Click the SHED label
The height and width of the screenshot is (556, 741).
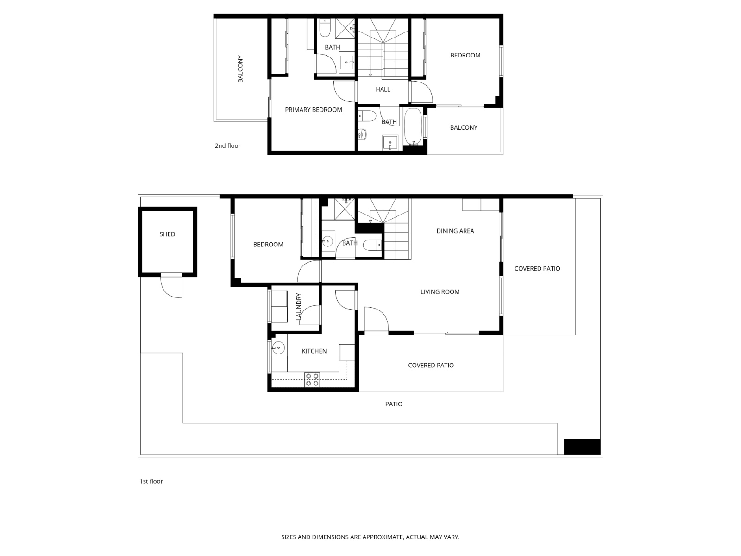pyautogui.click(x=167, y=234)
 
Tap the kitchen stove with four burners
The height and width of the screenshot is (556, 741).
pyautogui.click(x=312, y=379)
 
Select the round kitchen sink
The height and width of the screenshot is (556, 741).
pyautogui.click(x=278, y=348)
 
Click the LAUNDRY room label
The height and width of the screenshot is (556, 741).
pyautogui.click(x=299, y=306)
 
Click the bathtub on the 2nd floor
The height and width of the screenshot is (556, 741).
pyautogui.click(x=412, y=126)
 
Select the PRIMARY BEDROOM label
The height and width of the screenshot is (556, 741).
pyautogui.click(x=313, y=110)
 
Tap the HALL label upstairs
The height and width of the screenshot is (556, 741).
pyautogui.click(x=383, y=89)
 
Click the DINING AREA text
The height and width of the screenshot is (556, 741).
pyautogui.click(x=455, y=231)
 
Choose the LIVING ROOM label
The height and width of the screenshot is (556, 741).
pyautogui.click(x=440, y=292)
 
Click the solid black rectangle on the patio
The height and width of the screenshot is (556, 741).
pyautogui.click(x=582, y=447)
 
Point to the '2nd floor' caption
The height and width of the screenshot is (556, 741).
pyautogui.click(x=227, y=145)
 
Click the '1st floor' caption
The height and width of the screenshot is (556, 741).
pyautogui.click(x=151, y=481)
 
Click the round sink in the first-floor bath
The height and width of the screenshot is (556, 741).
pyautogui.click(x=327, y=241)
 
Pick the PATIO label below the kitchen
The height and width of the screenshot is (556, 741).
pyautogui.click(x=394, y=404)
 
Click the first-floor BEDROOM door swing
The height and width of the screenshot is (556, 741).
pyautogui.click(x=308, y=272)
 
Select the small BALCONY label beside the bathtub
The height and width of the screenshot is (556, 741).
pyautogui.click(x=463, y=127)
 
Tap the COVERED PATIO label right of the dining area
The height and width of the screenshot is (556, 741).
pyautogui.click(x=537, y=269)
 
